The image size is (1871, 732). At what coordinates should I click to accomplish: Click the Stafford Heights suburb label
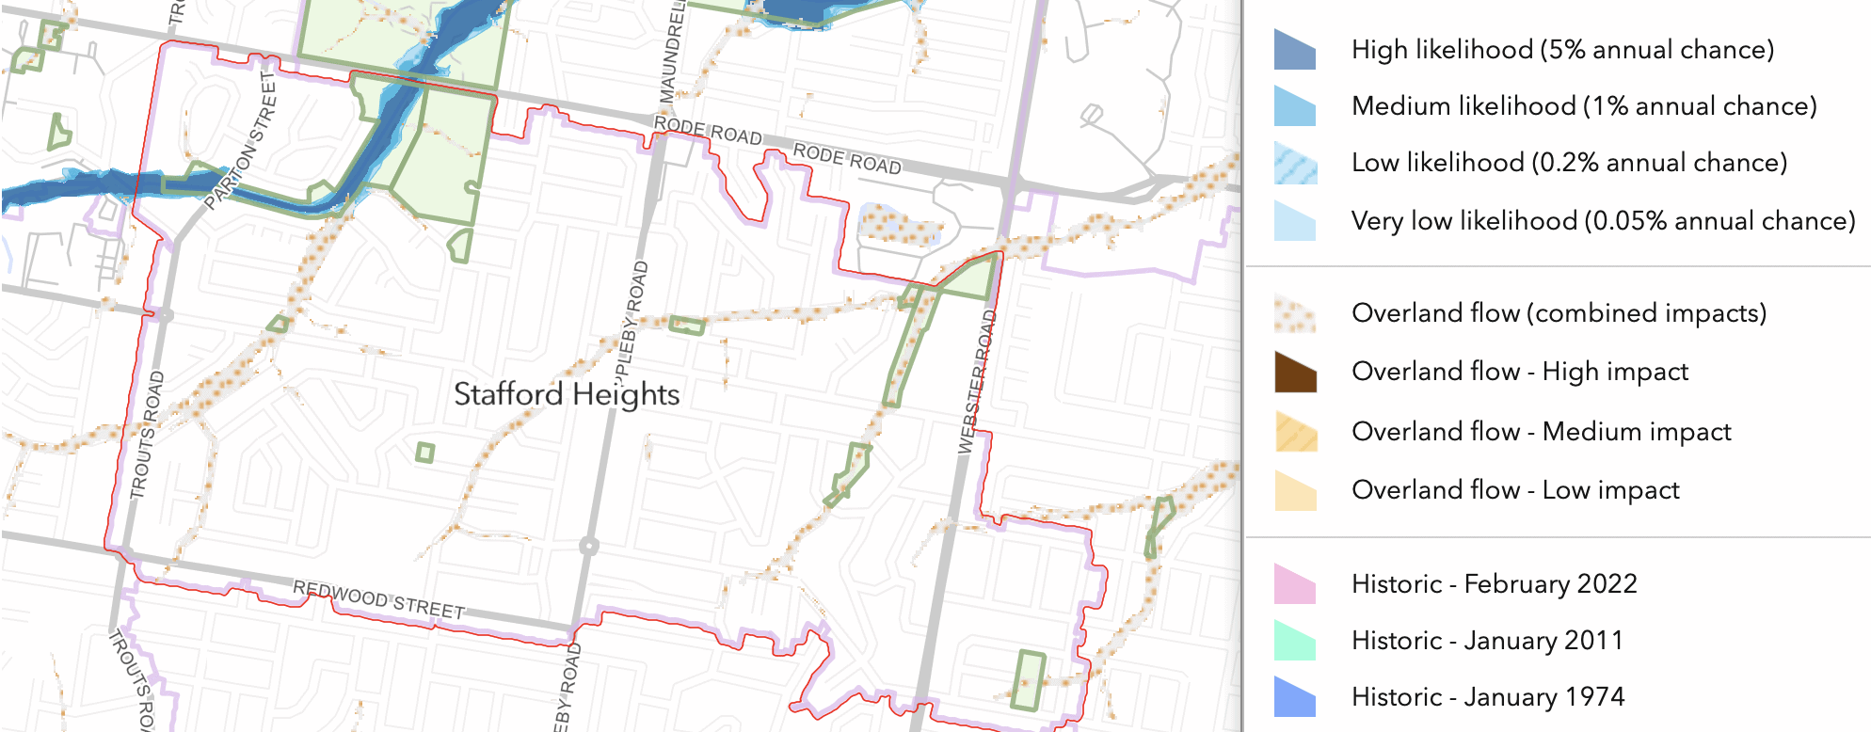tap(567, 394)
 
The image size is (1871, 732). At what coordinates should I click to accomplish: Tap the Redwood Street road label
tap(378, 600)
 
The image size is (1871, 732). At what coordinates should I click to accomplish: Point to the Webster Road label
tap(975, 381)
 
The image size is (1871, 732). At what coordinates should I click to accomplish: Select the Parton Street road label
tap(243, 141)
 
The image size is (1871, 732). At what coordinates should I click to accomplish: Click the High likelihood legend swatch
tap(1295, 50)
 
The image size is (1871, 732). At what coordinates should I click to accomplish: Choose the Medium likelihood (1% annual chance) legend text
tap(1584, 105)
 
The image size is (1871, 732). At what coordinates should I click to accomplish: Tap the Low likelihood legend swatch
tap(1295, 163)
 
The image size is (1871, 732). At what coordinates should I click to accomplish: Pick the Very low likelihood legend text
tap(1603, 220)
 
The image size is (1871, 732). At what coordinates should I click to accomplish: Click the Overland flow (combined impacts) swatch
tap(1295, 313)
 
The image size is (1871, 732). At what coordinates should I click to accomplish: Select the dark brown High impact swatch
tap(1295, 372)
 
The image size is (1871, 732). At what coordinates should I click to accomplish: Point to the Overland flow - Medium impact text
tap(1541, 431)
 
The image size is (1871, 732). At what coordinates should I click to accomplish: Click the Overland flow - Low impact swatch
tap(1295, 490)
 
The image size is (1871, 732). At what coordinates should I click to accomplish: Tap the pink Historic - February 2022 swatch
tap(1295, 584)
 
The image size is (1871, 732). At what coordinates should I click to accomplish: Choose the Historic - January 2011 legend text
tap(1487, 641)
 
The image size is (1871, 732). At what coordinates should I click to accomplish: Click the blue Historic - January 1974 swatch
tap(1295, 697)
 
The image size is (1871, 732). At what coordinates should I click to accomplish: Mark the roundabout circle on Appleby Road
tap(588, 546)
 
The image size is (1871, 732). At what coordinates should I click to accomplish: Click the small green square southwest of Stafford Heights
tap(425, 454)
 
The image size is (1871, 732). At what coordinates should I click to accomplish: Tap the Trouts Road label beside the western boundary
tap(147, 435)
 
